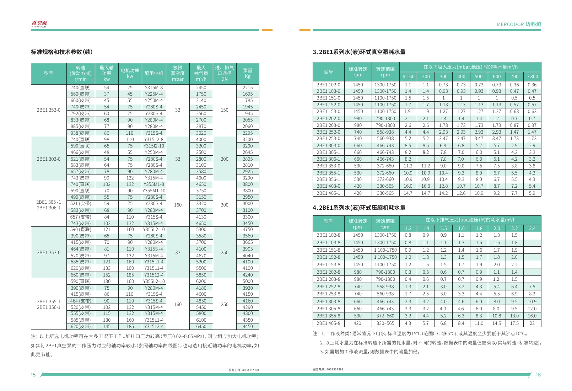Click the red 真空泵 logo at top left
coord(39,24)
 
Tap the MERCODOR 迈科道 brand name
coord(519,24)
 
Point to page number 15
coord(33,375)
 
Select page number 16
coord(538,375)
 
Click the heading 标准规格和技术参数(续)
coord(61,52)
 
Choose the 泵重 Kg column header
coord(248,73)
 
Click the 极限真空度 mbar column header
coord(178,73)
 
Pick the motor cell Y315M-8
coord(154,87)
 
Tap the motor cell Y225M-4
coord(154,94)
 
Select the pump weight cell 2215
coord(248,87)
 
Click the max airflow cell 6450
coord(201,326)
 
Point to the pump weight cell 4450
coord(248,326)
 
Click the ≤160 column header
coord(408,76)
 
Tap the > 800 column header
coord(532,76)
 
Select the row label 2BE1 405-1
coord(328,193)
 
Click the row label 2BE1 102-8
coord(328,235)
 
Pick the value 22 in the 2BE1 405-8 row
coord(532,323)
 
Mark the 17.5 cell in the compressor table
coord(514,323)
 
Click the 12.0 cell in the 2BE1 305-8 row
coord(532,309)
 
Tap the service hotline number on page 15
coord(243,370)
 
